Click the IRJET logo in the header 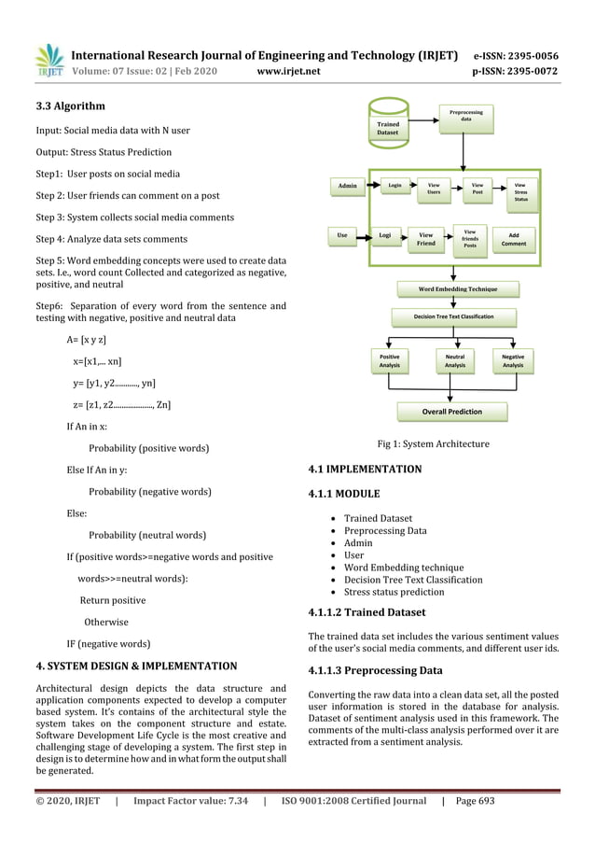pos(48,58)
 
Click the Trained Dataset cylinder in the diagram pos(387,125)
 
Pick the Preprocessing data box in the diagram pos(465,119)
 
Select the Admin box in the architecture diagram pos(347,187)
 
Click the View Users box pos(433,190)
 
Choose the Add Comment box pos(514,239)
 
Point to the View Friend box pos(425,239)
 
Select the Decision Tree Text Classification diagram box pos(453,317)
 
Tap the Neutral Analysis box pos(454,360)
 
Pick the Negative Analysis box pos(512,360)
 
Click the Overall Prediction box pos(452,411)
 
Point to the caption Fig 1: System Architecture pos(432,443)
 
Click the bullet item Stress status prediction pos(394,592)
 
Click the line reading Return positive pos(112,600)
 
